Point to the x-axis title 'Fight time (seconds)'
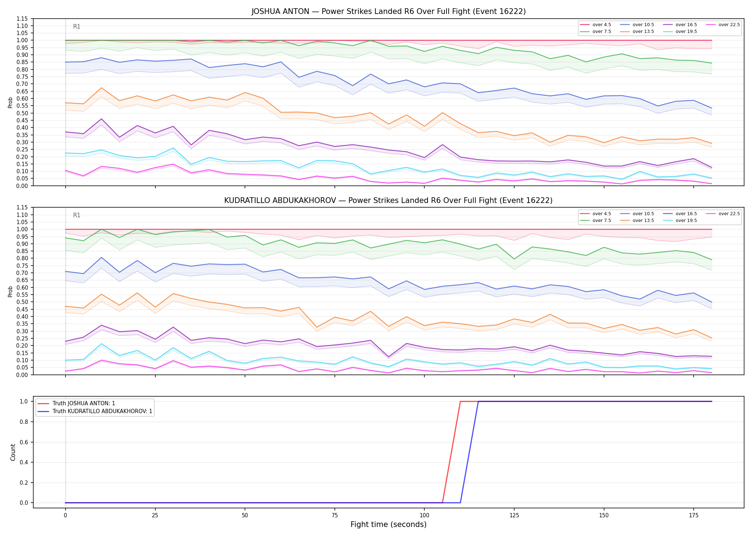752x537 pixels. pyautogui.click(x=389, y=525)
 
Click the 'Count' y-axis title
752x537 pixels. pyautogui.click(x=13, y=452)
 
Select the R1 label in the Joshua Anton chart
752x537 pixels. pyautogui.click(x=77, y=26)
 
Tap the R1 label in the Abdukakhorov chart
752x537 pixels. pyautogui.click(x=77, y=215)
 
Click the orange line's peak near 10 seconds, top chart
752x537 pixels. pyautogui.click(x=101, y=88)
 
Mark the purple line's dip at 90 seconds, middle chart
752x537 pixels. pyautogui.click(x=389, y=357)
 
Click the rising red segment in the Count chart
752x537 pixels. pyautogui.click(x=451, y=452)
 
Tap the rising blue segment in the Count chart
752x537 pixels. pyautogui.click(x=469, y=452)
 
